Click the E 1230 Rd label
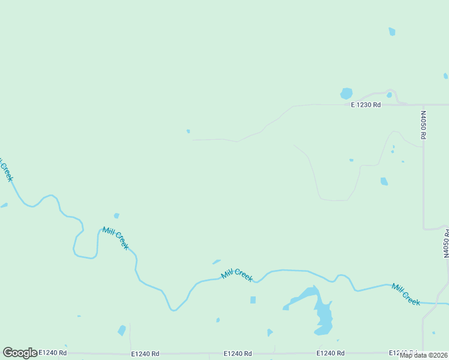pyautogui.click(x=366, y=105)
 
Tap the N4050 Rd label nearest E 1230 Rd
pyautogui.click(x=423, y=125)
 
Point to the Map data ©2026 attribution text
pyautogui.click(x=424, y=355)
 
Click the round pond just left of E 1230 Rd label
pyautogui.click(x=346, y=94)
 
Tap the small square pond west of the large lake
pyautogui.click(x=253, y=300)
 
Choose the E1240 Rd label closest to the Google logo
pyautogui.click(x=53, y=353)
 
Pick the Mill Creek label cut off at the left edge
pyautogui.click(x=5, y=170)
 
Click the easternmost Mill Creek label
pyautogui.click(x=406, y=295)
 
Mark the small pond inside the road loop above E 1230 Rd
pyautogui.click(x=389, y=95)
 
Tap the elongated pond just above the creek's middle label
pyautogui.click(x=216, y=262)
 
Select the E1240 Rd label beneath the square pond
pyautogui.click(x=237, y=353)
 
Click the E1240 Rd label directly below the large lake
pyautogui.click(x=330, y=353)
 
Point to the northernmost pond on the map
pyautogui.click(x=392, y=31)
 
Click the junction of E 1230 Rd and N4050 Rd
pyautogui.click(x=423, y=105)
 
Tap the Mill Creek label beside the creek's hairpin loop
pyautogui.click(x=115, y=238)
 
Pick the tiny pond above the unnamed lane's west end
pyautogui.click(x=188, y=131)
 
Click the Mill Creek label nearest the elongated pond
pyautogui.click(x=237, y=275)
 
